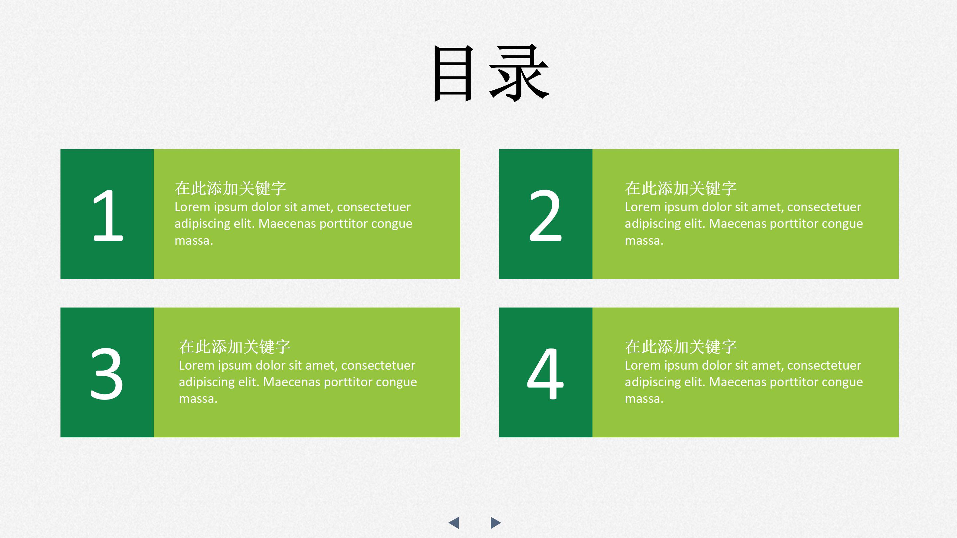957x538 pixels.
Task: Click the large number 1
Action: tap(107, 215)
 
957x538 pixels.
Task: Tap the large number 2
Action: tap(545, 215)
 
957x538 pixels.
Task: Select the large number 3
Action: tap(107, 374)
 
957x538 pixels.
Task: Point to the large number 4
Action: tap(545, 374)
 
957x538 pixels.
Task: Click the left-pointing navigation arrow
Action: tap(454, 522)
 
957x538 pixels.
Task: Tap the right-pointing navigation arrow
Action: tap(495, 522)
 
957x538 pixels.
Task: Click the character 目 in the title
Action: tap(454, 73)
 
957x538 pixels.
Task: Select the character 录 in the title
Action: tap(519, 73)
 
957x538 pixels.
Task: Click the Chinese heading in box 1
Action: tap(230, 188)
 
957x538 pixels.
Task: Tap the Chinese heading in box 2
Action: tap(681, 188)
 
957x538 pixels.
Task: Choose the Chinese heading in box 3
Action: tap(235, 347)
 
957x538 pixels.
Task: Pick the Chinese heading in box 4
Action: tap(681, 347)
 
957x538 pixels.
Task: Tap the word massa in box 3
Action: tap(197, 399)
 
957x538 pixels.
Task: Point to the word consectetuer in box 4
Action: tap(824, 365)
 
